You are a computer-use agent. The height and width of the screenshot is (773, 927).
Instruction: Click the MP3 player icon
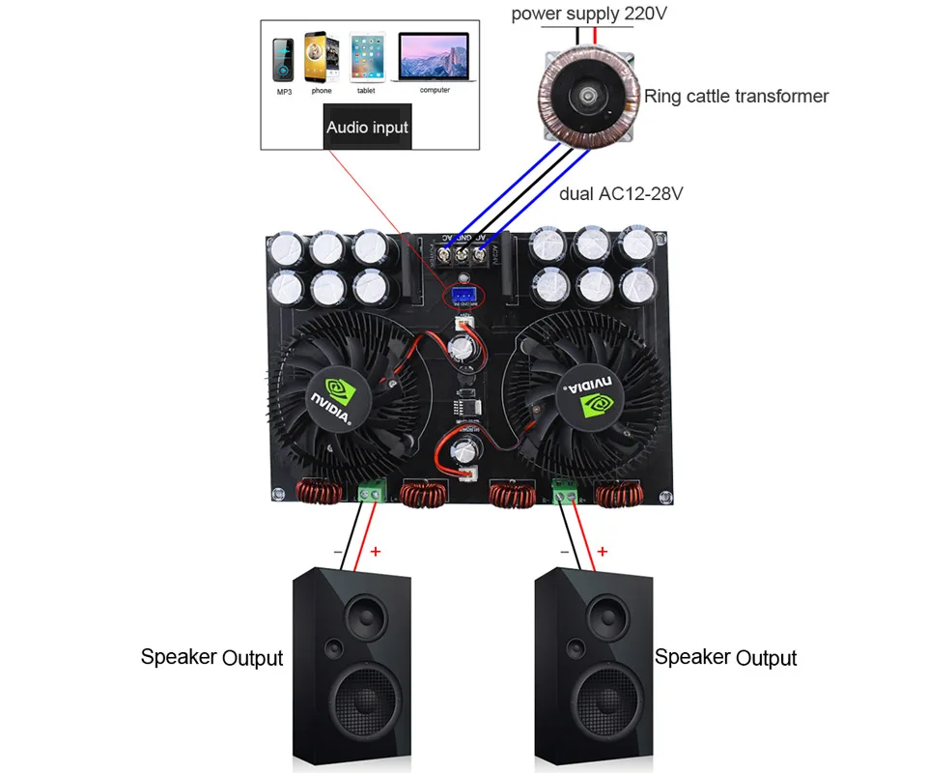pyautogui.click(x=284, y=61)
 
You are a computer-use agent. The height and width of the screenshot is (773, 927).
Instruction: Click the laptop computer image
pyautogui.click(x=434, y=57)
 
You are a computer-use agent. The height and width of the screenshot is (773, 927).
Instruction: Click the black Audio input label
pyautogui.click(x=367, y=127)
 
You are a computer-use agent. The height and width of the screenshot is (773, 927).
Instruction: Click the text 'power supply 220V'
pyautogui.click(x=589, y=14)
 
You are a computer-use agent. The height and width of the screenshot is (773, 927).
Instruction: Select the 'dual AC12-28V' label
pyautogui.click(x=622, y=193)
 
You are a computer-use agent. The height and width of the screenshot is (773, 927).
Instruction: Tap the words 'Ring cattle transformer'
pyautogui.click(x=736, y=96)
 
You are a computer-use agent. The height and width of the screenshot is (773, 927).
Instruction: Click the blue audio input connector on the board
pyautogui.click(x=462, y=294)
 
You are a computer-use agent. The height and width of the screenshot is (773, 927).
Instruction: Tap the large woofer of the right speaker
pyautogui.click(x=599, y=704)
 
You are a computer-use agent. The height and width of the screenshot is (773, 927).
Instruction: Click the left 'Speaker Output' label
pyautogui.click(x=211, y=657)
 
